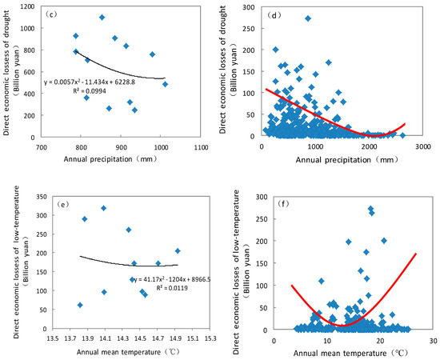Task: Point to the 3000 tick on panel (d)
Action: pyautogui.click(x=423, y=147)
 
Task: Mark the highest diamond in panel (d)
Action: pyautogui.click(x=308, y=18)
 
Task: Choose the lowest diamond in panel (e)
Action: pyautogui.click(x=80, y=305)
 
